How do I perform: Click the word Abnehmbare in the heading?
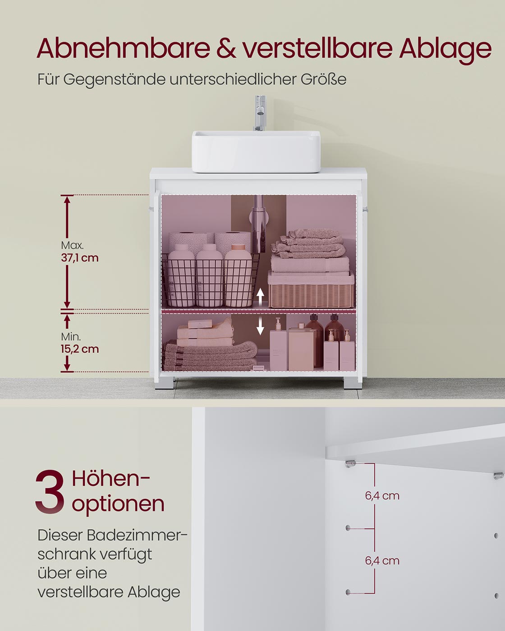click(x=123, y=48)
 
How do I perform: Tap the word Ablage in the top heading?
click(x=445, y=49)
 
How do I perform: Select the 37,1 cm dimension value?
click(x=80, y=258)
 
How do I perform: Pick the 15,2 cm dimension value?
click(x=80, y=349)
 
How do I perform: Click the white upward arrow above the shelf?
click(x=260, y=296)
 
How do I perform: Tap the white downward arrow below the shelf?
click(x=260, y=326)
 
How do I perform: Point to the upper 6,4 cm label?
click(x=382, y=496)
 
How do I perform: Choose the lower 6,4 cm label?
click(x=382, y=561)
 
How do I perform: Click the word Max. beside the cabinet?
click(x=72, y=246)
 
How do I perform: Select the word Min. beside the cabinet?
click(x=71, y=337)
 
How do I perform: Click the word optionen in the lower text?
click(x=118, y=503)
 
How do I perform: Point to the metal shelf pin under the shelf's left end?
click(x=349, y=463)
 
